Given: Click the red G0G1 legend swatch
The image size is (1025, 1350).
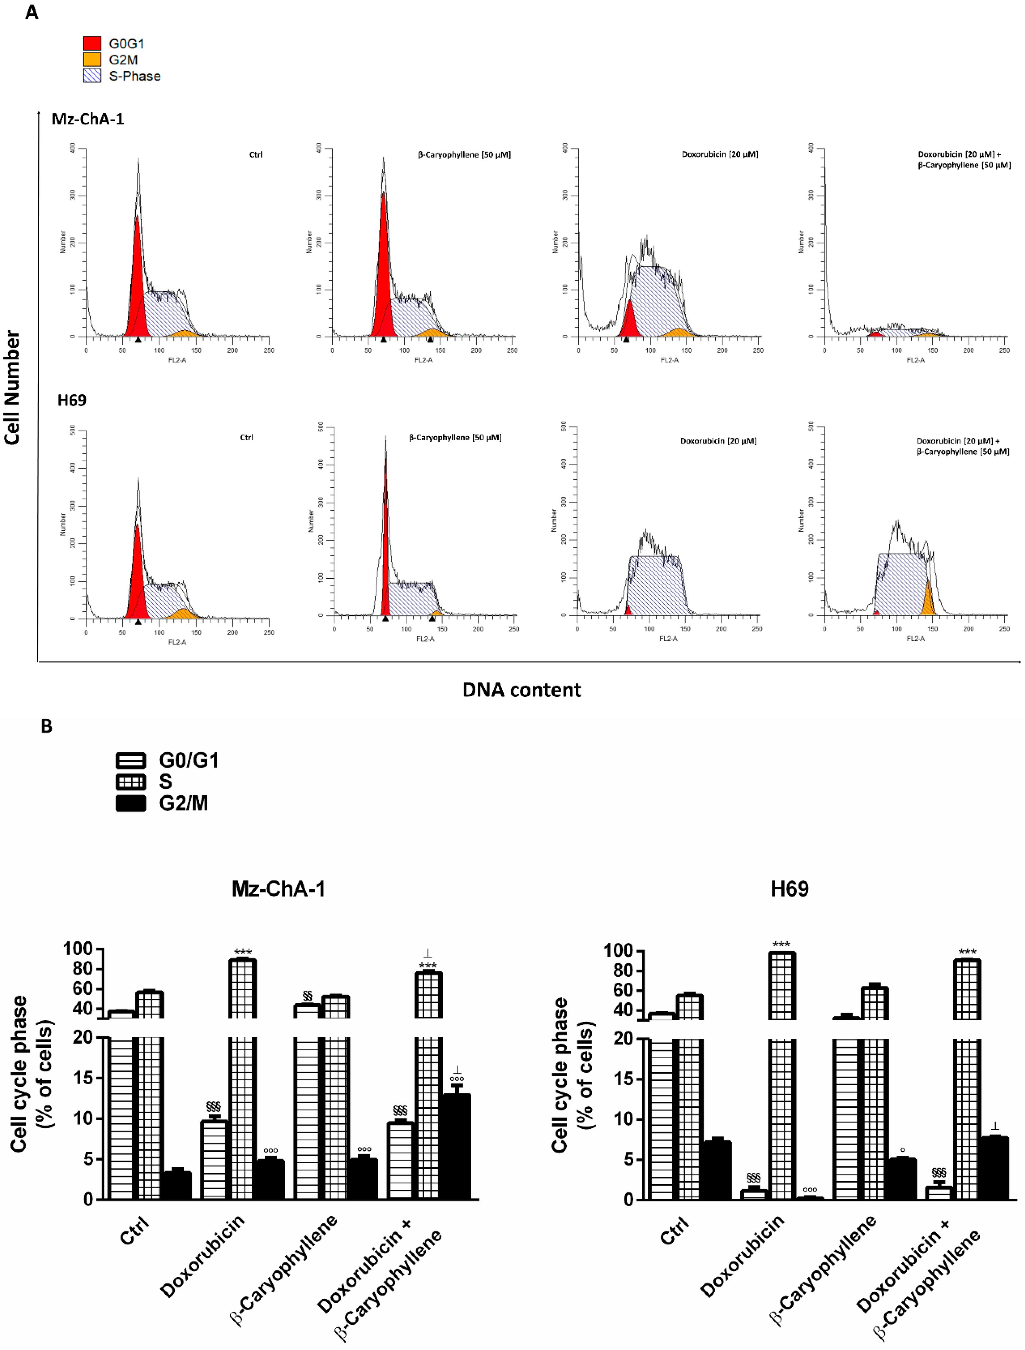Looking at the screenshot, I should pyautogui.click(x=92, y=43).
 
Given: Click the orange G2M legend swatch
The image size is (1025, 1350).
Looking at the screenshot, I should pyautogui.click(x=92, y=59).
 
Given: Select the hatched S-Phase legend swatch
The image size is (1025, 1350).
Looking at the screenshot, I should pyautogui.click(x=92, y=76).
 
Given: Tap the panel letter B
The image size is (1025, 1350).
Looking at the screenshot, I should pyautogui.click(x=46, y=726).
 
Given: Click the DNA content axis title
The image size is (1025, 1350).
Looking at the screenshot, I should pyautogui.click(x=521, y=690).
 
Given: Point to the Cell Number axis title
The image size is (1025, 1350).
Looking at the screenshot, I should pyautogui.click(x=12, y=387).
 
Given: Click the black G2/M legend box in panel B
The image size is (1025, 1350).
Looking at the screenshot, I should pyautogui.click(x=131, y=803).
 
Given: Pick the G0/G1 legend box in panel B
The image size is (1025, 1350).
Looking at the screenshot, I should pyautogui.click(x=131, y=761).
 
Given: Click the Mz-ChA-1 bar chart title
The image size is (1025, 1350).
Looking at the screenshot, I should pyautogui.click(x=278, y=889).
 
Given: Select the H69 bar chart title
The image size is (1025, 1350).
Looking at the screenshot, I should pyautogui.click(x=789, y=889).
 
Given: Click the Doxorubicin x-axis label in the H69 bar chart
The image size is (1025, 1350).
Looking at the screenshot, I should pyautogui.click(x=742, y=1256).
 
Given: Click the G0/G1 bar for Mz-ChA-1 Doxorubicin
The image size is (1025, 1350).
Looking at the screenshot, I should pyautogui.click(x=214, y=1160).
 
